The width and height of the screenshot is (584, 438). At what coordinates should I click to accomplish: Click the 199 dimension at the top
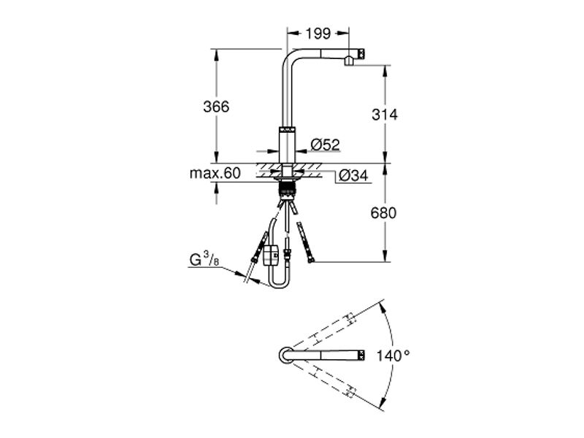(x=318, y=34)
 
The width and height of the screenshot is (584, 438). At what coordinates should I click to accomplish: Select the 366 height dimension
(x=216, y=107)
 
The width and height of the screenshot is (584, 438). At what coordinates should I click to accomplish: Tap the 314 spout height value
(x=385, y=115)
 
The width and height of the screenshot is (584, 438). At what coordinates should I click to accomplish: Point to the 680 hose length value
(x=384, y=213)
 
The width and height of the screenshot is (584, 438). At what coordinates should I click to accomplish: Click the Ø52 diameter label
(x=325, y=145)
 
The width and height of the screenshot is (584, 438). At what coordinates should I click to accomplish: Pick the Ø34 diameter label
(x=353, y=175)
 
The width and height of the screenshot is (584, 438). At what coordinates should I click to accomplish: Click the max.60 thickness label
(x=215, y=174)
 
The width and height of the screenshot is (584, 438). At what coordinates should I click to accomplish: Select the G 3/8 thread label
(x=204, y=259)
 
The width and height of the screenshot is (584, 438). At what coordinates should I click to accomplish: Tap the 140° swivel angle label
(x=393, y=356)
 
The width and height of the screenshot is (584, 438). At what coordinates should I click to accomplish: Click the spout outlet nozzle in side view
(x=348, y=61)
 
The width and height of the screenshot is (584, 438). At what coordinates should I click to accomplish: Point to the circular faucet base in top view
(x=286, y=355)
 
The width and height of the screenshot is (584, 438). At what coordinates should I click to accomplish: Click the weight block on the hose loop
(x=270, y=255)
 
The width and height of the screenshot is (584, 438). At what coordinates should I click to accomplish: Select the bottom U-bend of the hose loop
(x=279, y=285)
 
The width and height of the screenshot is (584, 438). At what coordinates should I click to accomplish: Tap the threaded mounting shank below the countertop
(x=287, y=189)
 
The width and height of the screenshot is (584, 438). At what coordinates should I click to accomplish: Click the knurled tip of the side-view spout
(x=361, y=53)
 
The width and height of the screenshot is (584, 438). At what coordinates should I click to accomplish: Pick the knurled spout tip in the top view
(x=361, y=355)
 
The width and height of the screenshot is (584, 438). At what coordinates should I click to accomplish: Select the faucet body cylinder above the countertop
(x=287, y=145)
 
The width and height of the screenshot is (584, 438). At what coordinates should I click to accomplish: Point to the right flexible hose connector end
(x=311, y=258)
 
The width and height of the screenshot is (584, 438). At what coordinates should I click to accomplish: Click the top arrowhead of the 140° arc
(x=383, y=306)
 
